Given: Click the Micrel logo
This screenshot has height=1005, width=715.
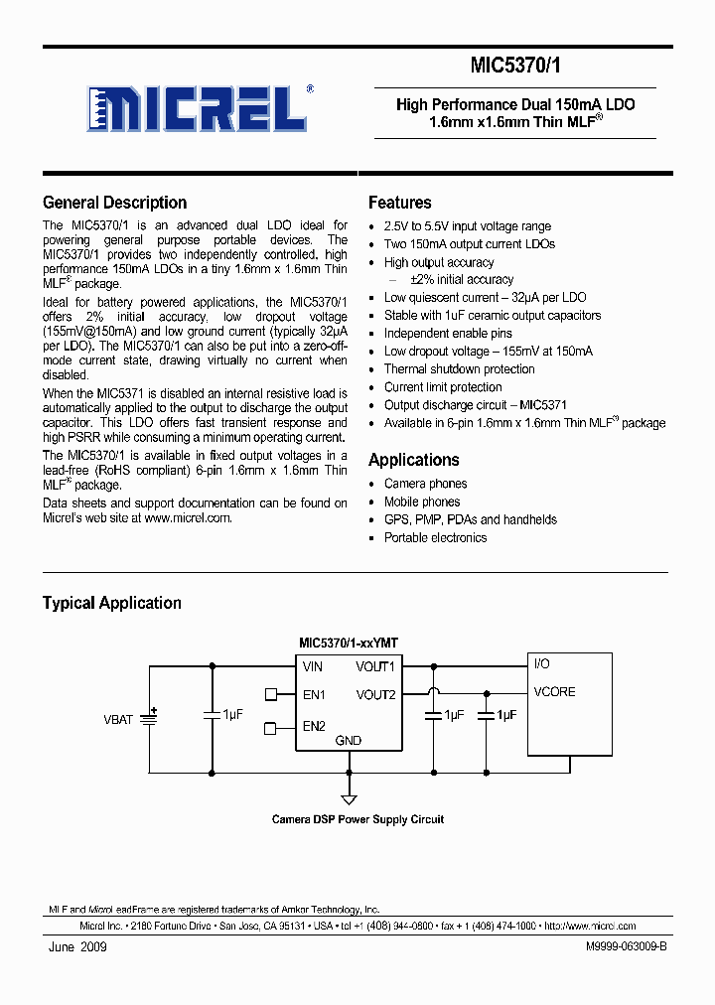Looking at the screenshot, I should coord(200,107).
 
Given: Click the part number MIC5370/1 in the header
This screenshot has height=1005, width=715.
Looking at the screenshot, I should coord(515,66).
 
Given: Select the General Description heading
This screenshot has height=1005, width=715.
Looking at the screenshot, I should coord(114,203).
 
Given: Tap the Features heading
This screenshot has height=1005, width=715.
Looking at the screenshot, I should coord(399,203).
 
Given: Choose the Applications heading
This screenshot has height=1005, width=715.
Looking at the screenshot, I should coord(413,460).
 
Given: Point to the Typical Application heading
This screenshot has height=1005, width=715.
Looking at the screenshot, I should coord(111,603).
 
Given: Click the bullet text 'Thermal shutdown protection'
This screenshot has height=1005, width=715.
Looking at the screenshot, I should coord(459,369).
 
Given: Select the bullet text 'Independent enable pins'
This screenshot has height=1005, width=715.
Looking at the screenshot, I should coord(448,334).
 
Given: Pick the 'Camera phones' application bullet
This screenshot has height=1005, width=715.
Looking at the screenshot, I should coord(425,484).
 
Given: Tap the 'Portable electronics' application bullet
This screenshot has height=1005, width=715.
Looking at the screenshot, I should coord(435,537).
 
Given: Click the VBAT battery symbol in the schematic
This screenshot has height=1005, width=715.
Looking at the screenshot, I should coord(149,718).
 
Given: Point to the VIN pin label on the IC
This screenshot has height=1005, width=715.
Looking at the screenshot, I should coord(313,667).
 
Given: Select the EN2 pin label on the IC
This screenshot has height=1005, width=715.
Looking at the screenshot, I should coord(314,726).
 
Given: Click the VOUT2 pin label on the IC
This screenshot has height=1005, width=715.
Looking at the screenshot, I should coord(375,695).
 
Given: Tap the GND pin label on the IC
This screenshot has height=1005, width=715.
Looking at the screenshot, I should coord(349,741).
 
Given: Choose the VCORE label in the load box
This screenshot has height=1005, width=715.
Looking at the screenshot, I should coord(554,692).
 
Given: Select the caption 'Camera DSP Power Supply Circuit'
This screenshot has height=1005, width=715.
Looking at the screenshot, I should coord(357,819).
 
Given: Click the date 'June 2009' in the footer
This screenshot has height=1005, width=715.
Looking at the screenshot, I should coord(77,947).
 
